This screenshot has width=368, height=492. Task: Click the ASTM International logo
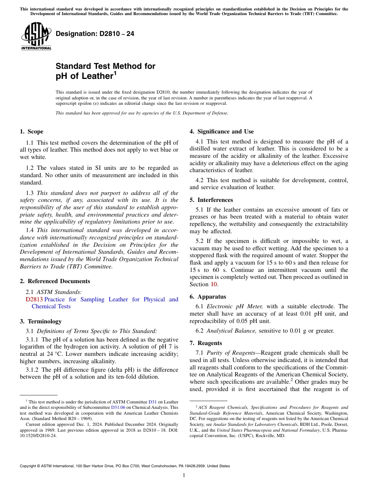[x=36, y=36]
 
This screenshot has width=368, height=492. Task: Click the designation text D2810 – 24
[x=95, y=34]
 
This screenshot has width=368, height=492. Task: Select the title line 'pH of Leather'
[x=84, y=76]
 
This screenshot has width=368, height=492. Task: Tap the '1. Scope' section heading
[x=31, y=132]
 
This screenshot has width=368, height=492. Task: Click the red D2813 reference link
[x=34, y=299]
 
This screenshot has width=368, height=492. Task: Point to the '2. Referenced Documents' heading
[x=55, y=281]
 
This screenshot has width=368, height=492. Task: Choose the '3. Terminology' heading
[x=41, y=321]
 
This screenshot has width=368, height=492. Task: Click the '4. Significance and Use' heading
[x=222, y=132]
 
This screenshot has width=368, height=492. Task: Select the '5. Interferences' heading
[x=211, y=200]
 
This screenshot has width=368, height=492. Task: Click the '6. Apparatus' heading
[x=208, y=297]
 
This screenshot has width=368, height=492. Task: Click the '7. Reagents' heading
[x=206, y=343]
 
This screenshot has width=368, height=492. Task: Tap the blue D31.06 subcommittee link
[x=118, y=407]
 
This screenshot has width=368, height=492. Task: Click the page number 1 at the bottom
[x=184, y=475]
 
